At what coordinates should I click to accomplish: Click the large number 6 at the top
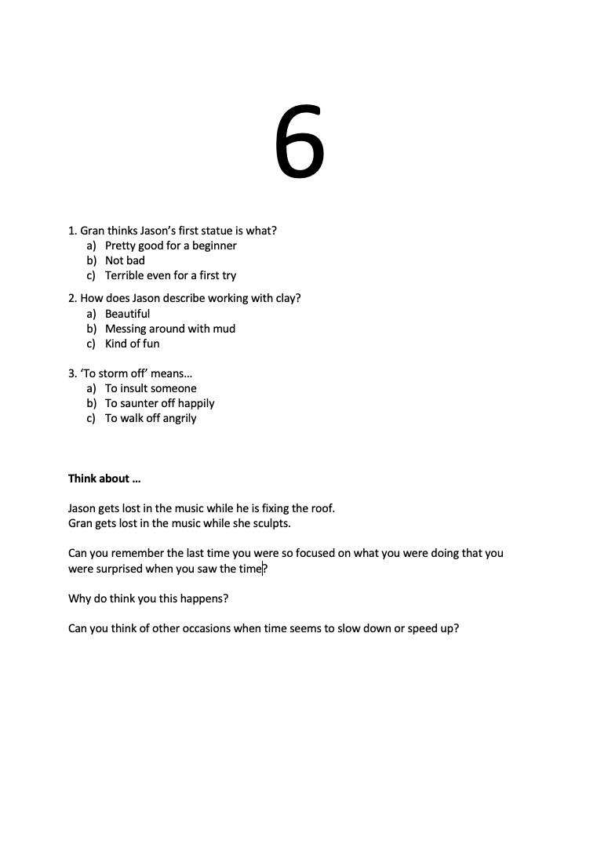click(x=299, y=142)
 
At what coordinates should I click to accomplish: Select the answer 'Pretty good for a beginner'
click(x=170, y=246)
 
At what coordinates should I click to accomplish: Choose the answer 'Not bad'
click(x=125, y=260)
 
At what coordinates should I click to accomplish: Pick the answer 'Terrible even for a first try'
click(x=170, y=275)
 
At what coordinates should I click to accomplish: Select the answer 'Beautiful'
click(x=127, y=314)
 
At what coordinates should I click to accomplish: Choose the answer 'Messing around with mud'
click(x=169, y=329)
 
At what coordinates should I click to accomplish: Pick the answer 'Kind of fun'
click(x=132, y=344)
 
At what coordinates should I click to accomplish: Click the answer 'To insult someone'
click(x=151, y=388)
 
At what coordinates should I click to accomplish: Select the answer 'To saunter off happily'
click(x=159, y=403)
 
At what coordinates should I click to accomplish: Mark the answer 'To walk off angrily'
click(x=151, y=418)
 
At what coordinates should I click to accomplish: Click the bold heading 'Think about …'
click(x=104, y=478)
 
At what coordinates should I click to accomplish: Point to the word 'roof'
click(x=321, y=508)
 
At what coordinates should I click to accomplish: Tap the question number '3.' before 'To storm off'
click(x=72, y=373)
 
